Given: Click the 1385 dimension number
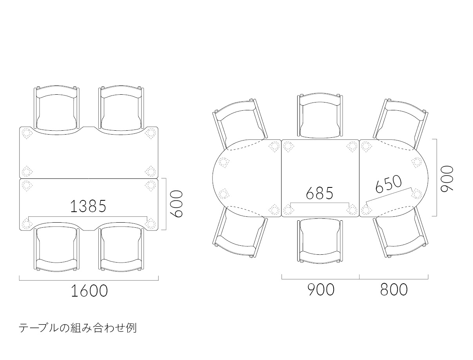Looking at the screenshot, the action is tap(88, 206).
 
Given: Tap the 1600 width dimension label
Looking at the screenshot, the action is tap(89, 291).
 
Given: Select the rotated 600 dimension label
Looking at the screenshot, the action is tap(176, 203).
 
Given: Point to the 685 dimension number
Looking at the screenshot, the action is tap(320, 193).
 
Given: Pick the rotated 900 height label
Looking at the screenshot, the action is tap(447, 178).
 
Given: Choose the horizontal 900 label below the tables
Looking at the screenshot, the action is tap(321, 290).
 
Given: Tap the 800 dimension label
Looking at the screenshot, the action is tap(394, 290).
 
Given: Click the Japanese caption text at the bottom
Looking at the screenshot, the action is tap(78, 328).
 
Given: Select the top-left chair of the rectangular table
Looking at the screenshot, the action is tap(57, 110).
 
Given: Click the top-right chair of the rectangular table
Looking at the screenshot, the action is tap(121, 110).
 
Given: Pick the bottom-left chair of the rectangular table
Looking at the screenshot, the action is tap(57, 246).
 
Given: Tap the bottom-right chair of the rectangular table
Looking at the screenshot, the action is tap(121, 246).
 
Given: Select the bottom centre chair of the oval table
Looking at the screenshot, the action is tap(320, 241).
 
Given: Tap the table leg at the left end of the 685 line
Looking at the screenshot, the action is tap(288, 209).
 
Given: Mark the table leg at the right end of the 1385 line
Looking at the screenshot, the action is tap(150, 223).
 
